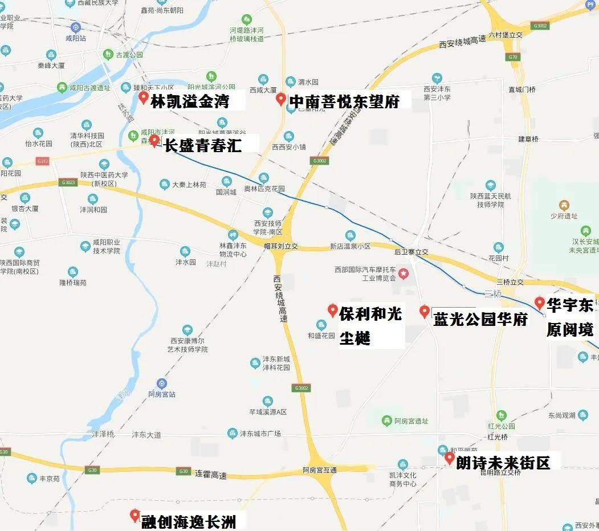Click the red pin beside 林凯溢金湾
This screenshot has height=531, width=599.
[x=144, y=99]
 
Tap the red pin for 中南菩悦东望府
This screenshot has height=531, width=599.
[x=280, y=99]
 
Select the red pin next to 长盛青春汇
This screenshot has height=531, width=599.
[x=154, y=141]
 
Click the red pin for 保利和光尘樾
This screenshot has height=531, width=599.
[x=333, y=310]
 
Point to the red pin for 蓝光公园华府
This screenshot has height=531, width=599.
[x=424, y=311]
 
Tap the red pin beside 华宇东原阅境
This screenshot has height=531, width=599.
[x=539, y=303]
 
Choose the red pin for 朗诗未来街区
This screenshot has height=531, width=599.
[x=449, y=458]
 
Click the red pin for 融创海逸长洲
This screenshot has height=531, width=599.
[x=135, y=515]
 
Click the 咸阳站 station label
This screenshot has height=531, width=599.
[x=75, y=38]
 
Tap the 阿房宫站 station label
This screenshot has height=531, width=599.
[x=161, y=394]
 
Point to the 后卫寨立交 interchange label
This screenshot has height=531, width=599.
[x=411, y=251]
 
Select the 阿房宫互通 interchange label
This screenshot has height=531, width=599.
[x=319, y=470]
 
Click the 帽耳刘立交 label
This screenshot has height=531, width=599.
[x=280, y=246]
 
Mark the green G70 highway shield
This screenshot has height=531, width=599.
[x=512, y=57]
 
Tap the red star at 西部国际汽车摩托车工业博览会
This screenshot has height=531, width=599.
[x=404, y=273]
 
